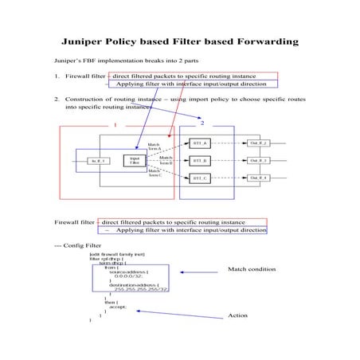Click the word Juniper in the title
coord(85,41)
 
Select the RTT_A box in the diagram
coord(200,143)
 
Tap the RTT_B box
coord(200,160)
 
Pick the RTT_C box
coord(200,178)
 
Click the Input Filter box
coord(135,160)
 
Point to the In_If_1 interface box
coord(98,161)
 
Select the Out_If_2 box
coord(258,143)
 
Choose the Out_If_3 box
coord(258,160)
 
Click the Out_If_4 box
coord(258,178)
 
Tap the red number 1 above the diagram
coord(115,125)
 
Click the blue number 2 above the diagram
coord(202,123)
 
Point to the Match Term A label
coord(155,146)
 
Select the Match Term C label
coord(155,173)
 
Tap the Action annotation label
coord(238,315)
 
